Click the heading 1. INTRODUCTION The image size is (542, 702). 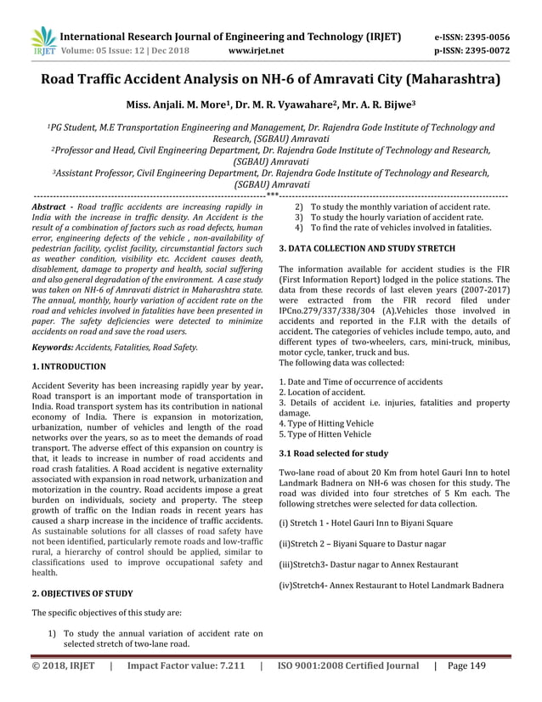coord(69,366)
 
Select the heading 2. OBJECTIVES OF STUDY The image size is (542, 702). coord(82,593)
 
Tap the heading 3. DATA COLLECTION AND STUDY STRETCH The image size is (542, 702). coord(367,247)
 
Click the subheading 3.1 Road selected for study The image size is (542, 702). coord(333,453)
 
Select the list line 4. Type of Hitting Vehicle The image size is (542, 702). coord(336,422)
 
